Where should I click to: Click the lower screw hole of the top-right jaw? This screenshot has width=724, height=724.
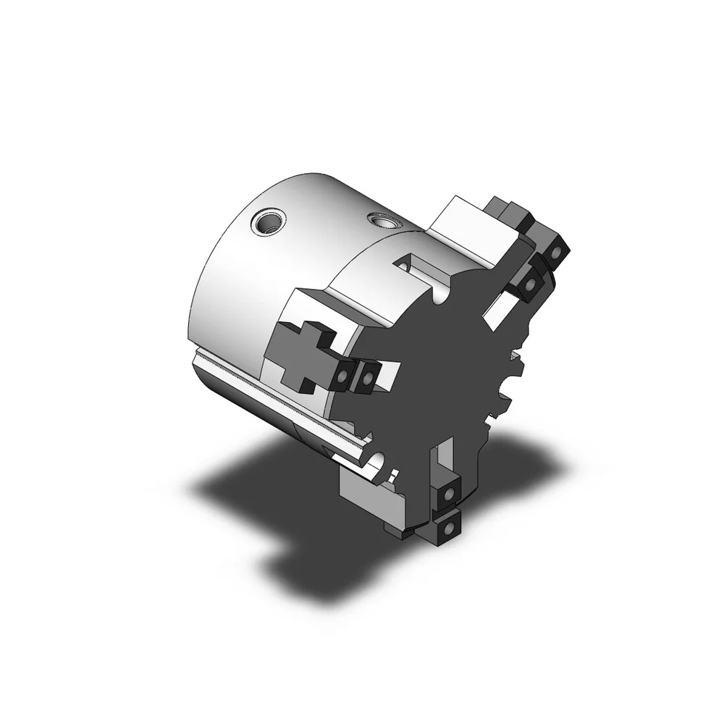point(529,285)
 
